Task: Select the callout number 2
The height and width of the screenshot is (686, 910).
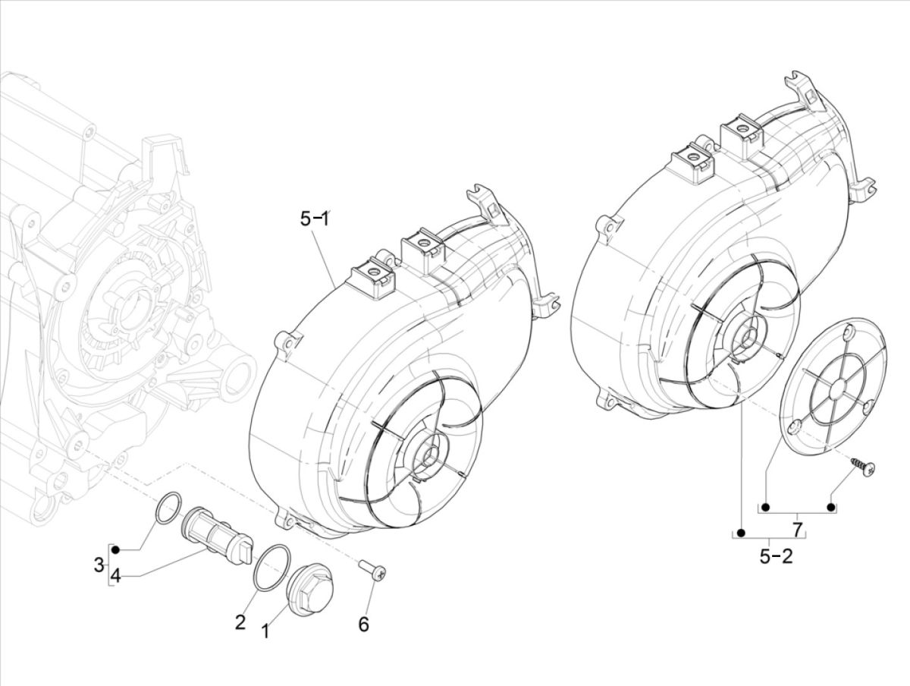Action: point(240,622)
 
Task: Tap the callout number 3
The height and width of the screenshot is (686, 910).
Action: point(99,565)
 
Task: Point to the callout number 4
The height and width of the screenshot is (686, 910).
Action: point(115,577)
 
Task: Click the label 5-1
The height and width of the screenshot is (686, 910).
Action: point(314,219)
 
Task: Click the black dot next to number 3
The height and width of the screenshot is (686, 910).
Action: point(118,546)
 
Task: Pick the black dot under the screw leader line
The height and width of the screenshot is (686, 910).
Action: point(831,507)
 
